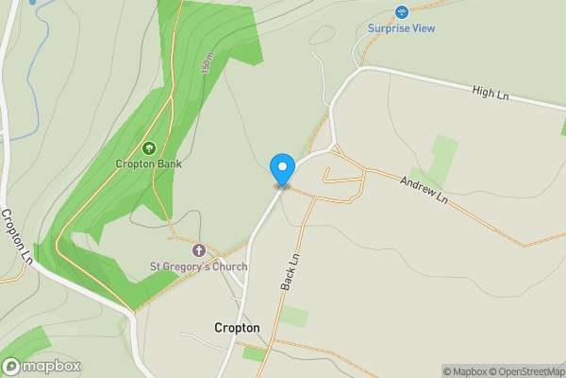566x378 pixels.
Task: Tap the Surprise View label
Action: click(401, 28)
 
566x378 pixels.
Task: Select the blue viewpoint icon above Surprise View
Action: click(401, 12)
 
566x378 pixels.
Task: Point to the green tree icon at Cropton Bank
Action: click(148, 147)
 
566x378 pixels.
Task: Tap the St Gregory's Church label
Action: click(199, 266)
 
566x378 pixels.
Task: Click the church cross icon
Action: click(199, 250)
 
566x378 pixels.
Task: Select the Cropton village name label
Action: click(237, 327)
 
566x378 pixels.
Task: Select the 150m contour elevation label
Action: click(207, 64)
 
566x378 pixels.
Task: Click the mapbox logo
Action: click(42, 367)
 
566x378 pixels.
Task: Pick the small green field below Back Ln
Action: click(294, 317)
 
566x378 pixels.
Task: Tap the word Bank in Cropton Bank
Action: click(170, 163)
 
